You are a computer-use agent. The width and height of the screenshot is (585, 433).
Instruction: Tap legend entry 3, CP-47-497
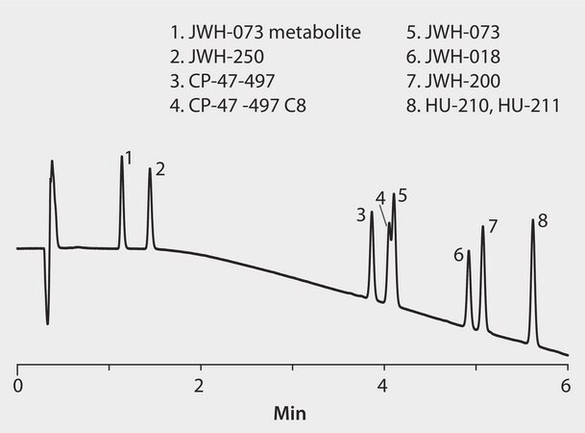click(x=214, y=79)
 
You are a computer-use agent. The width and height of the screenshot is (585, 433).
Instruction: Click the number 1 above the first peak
click(x=128, y=157)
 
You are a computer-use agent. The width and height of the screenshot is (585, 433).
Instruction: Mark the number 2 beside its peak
click(x=160, y=170)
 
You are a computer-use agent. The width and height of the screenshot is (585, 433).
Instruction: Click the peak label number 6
click(x=459, y=255)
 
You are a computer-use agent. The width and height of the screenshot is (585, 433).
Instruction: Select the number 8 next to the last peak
click(x=543, y=221)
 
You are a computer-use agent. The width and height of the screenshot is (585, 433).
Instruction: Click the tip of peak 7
click(x=482, y=227)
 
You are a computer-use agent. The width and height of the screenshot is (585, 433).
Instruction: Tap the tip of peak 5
click(x=394, y=195)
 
